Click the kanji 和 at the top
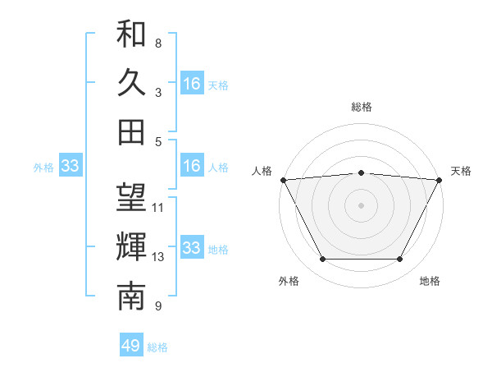131,34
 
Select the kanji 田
131,131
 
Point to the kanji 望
131,198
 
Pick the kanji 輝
131,246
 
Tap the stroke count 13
158,257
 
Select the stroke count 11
158,208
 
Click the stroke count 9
158,306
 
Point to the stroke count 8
158,43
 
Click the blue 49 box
131,346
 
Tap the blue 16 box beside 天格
192,84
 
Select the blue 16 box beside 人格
192,166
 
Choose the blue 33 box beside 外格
70,166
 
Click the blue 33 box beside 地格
192,248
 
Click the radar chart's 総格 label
362,107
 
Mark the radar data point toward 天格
439,179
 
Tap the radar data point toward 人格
284,179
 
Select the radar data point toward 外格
322,260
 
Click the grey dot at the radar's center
362,204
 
